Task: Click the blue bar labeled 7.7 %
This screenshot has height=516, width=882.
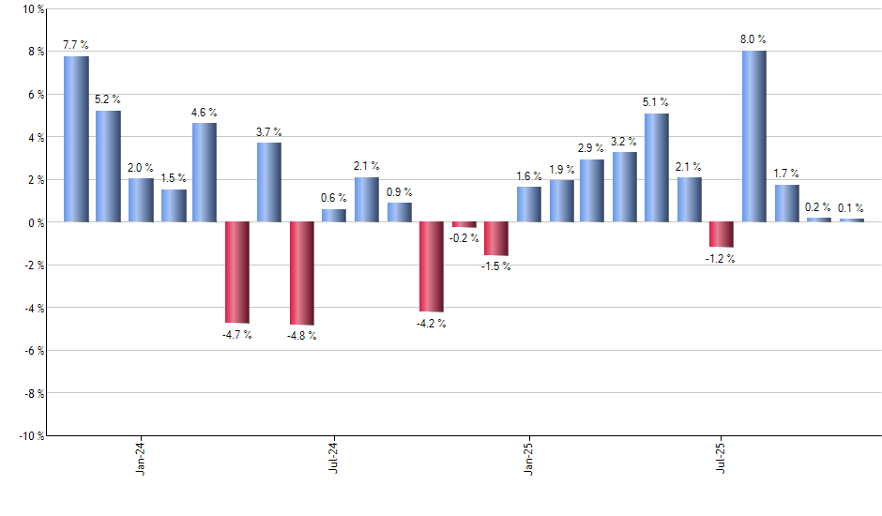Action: click(76, 139)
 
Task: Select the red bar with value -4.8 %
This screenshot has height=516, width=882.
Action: click(301, 273)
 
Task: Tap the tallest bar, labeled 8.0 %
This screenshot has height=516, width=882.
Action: click(753, 136)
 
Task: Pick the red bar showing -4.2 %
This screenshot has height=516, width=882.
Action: click(431, 266)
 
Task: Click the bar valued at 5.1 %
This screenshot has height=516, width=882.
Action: click(657, 168)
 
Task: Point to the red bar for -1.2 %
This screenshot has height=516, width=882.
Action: click(722, 235)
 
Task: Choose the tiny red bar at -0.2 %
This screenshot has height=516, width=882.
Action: click(464, 224)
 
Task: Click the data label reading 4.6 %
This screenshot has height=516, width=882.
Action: click(205, 113)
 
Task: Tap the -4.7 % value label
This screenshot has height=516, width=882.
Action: click(236, 335)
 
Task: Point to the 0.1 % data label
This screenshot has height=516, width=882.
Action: click(852, 208)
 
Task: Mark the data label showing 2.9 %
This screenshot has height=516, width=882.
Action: click(592, 149)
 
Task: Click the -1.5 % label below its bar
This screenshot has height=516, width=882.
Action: click(496, 266)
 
